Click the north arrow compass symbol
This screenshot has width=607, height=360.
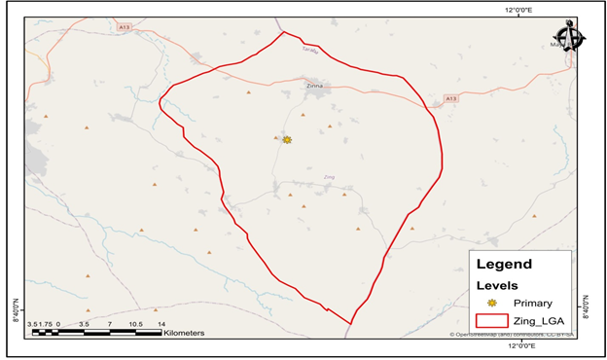pos(569,37)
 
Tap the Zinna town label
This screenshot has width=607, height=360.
pos(313,86)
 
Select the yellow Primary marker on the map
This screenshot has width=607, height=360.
pos(287,140)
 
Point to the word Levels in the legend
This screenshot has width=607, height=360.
pos(496,285)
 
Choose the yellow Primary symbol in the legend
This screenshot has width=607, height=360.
pos(492,304)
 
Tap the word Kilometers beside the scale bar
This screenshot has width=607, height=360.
pos(185,333)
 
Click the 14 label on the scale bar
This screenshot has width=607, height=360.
pos(161,323)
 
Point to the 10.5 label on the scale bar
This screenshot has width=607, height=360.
pos(135,323)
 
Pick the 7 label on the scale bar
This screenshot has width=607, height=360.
pos(109,323)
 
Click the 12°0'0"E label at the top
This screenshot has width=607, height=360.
pos(518,10)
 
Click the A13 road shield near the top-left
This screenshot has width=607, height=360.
pos(124,27)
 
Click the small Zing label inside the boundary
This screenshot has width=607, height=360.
pos(329,177)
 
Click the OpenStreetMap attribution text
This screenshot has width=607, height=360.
pos(512,335)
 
